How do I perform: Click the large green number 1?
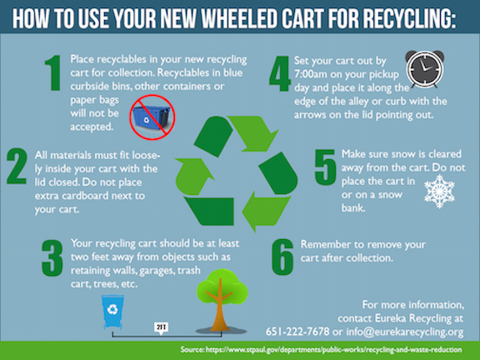(x=53, y=72)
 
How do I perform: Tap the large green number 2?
(x=17, y=166)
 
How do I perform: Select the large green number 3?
(x=52, y=258)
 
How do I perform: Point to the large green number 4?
(x=280, y=73)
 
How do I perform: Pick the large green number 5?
(x=326, y=167)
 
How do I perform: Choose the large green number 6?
(x=282, y=257)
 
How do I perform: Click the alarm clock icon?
(x=425, y=69)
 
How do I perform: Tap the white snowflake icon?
(x=440, y=192)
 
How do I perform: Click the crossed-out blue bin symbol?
(x=152, y=117)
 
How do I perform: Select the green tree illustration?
(x=222, y=301)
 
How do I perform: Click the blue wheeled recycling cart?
(x=112, y=312)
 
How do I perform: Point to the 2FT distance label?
(x=162, y=327)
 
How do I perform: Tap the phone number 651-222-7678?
(x=297, y=332)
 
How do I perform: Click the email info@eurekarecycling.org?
(x=405, y=332)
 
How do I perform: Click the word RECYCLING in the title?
(x=409, y=18)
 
